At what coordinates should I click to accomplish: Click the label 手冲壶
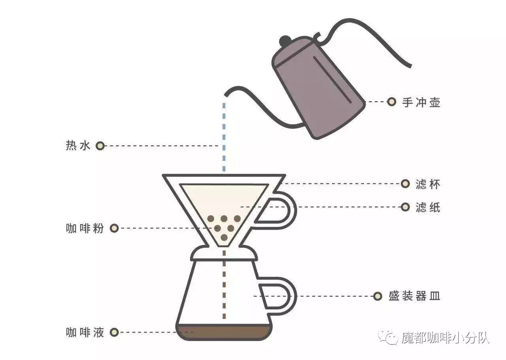421,102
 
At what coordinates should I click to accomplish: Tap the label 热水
78,145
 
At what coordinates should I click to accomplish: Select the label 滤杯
428,184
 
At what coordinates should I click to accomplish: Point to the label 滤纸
428,207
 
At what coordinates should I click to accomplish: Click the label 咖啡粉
85,228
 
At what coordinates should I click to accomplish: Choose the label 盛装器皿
415,296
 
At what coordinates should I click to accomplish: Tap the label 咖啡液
85,332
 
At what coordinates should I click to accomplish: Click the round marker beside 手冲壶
392,102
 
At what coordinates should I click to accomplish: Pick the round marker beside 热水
100,146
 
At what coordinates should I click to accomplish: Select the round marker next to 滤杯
405,184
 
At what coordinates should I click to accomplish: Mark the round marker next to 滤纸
405,207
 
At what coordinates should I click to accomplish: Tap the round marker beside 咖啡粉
114,228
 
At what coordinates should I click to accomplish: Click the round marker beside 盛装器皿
378,296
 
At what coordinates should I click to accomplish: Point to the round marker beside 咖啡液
114,332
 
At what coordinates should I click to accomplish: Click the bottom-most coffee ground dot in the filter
224,237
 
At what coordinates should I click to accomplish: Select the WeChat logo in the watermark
389,337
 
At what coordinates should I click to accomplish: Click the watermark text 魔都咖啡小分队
446,337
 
